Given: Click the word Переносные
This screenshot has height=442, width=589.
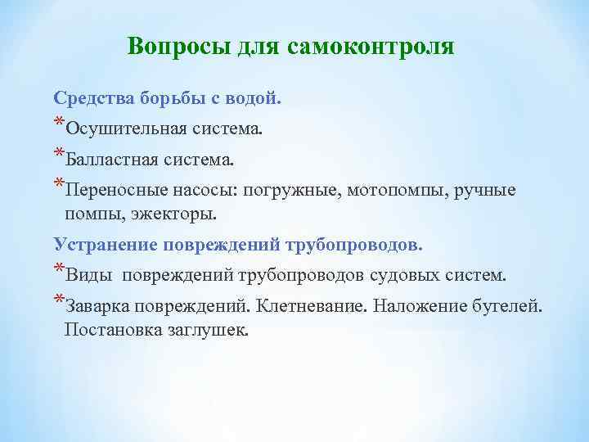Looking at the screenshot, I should pyautogui.click(x=116, y=190).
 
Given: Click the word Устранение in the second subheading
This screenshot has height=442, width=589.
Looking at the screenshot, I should pyautogui.click(x=105, y=244).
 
